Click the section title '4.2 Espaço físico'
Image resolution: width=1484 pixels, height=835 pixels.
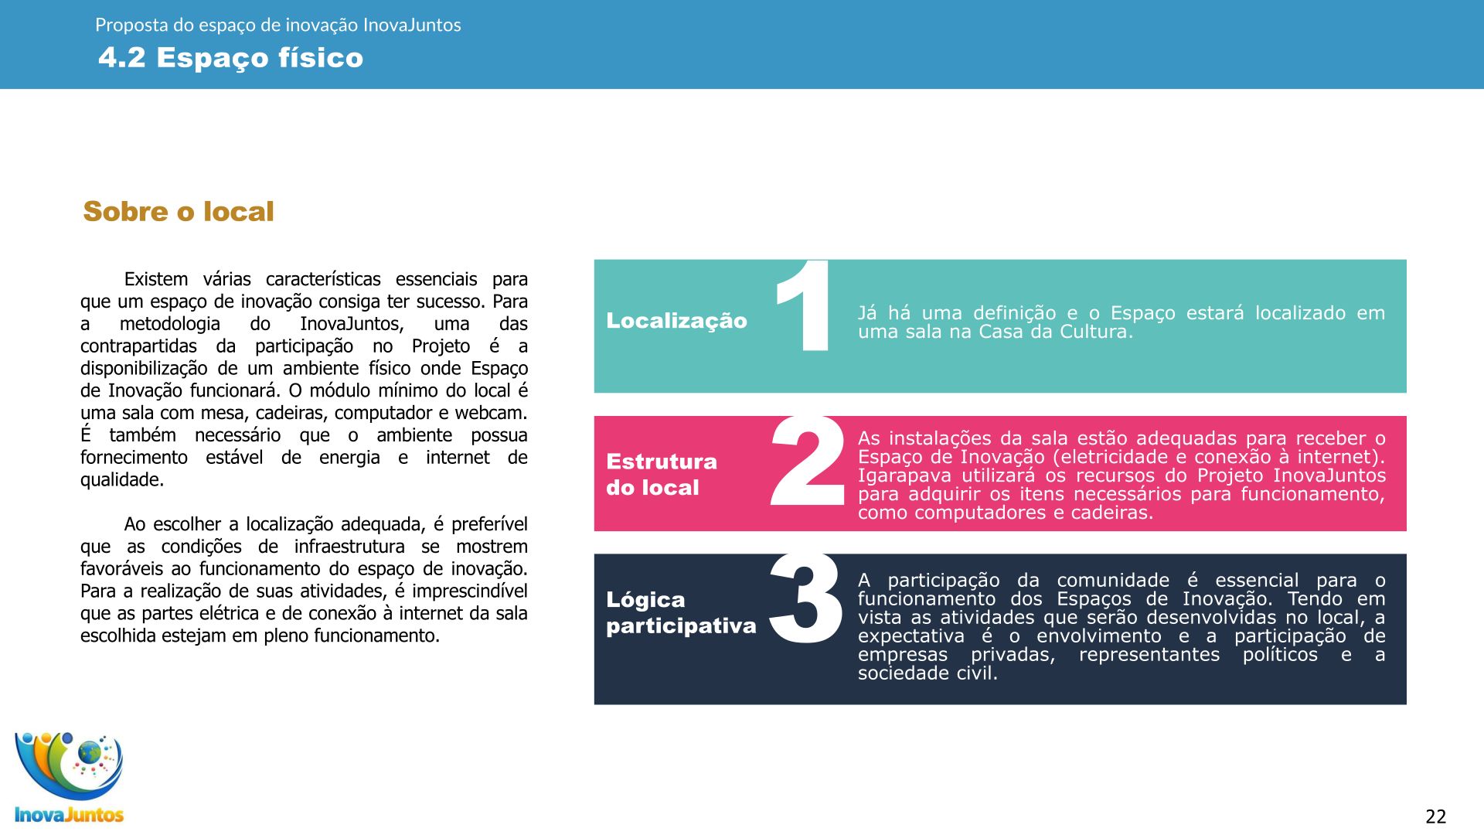[230, 58]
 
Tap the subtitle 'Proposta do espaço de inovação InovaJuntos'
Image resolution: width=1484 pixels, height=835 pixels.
[277, 25]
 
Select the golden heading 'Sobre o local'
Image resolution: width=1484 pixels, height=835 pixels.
[179, 211]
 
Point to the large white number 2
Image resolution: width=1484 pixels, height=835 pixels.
[807, 462]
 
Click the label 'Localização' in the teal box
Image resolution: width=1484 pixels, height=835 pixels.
[676, 321]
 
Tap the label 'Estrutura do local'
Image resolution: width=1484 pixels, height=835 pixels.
[662, 474]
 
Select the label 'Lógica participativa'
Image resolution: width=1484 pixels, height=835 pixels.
[681, 612]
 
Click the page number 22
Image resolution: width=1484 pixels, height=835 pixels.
[1435, 816]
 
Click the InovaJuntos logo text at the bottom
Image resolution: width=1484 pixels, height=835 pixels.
[70, 815]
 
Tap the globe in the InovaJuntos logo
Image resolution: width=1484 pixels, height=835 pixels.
[90, 751]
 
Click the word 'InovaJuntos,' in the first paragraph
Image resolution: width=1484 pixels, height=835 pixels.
[352, 324]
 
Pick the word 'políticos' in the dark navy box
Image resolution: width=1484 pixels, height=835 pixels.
[1280, 655]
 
